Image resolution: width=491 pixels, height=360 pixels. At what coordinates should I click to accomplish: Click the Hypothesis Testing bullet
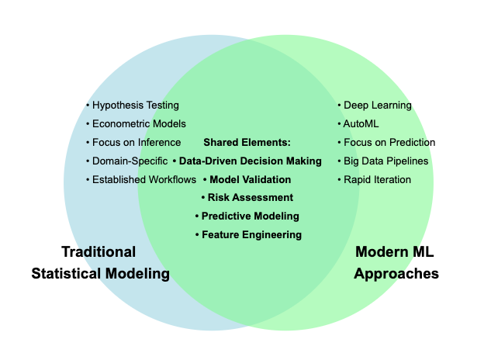[133, 106]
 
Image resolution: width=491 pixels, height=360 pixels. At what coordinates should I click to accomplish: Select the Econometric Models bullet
[136, 124]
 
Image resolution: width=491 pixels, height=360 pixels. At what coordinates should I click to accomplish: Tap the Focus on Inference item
[133, 143]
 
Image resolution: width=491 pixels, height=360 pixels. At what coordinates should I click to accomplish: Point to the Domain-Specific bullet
[126, 161]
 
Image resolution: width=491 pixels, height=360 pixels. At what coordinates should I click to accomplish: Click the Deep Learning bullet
[375, 106]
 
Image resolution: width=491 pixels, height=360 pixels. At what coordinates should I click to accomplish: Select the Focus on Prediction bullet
[386, 143]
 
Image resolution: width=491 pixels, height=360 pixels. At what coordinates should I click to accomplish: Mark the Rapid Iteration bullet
[375, 180]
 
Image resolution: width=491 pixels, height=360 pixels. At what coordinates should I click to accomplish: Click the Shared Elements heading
[247, 143]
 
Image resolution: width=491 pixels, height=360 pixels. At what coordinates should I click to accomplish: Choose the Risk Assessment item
[247, 198]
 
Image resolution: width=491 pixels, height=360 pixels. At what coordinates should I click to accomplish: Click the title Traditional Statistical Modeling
[99, 263]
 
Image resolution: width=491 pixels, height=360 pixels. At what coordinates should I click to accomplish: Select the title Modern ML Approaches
[396, 263]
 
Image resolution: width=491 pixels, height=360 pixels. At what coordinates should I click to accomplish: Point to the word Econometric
[119, 124]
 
